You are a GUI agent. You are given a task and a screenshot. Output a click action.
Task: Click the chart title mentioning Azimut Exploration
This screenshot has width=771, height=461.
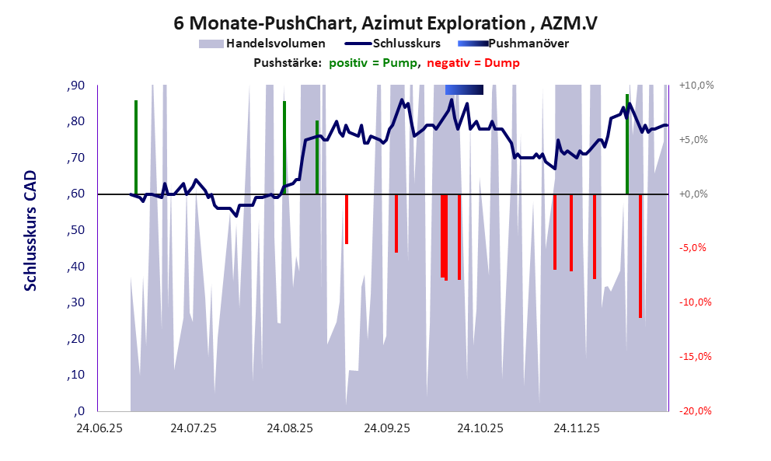click(385, 23)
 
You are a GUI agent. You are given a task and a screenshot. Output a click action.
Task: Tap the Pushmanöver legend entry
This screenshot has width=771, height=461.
click(514, 44)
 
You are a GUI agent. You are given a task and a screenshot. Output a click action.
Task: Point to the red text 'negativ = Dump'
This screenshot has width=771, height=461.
click(473, 63)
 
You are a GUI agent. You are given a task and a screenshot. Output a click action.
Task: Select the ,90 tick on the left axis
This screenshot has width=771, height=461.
click(75, 86)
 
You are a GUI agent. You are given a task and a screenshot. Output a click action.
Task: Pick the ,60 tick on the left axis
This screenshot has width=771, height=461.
click(75, 194)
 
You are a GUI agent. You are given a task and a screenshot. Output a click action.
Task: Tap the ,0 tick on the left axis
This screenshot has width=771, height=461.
click(78, 411)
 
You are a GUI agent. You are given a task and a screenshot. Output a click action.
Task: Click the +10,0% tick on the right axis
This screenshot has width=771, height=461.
click(696, 86)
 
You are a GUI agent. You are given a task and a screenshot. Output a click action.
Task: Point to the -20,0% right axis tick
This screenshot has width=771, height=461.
click(696, 411)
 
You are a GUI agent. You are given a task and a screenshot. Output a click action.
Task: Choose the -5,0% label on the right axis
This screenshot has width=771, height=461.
click(696, 248)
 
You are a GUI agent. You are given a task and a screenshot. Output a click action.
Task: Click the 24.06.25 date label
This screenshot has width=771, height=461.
click(97, 428)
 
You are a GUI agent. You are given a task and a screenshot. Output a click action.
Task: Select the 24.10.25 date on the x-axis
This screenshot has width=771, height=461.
click(480, 428)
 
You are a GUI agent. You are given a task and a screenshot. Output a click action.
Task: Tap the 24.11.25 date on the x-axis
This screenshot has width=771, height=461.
click(576, 428)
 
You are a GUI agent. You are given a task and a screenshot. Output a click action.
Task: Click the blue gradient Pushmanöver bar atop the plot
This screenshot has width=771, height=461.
click(464, 90)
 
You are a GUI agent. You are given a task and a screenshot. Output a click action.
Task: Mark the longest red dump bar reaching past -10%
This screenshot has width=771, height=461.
click(640, 257)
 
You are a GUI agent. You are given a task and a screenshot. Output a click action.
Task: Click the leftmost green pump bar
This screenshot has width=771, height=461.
click(135, 147)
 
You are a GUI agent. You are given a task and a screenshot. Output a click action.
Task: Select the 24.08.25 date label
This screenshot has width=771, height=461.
click(289, 428)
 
